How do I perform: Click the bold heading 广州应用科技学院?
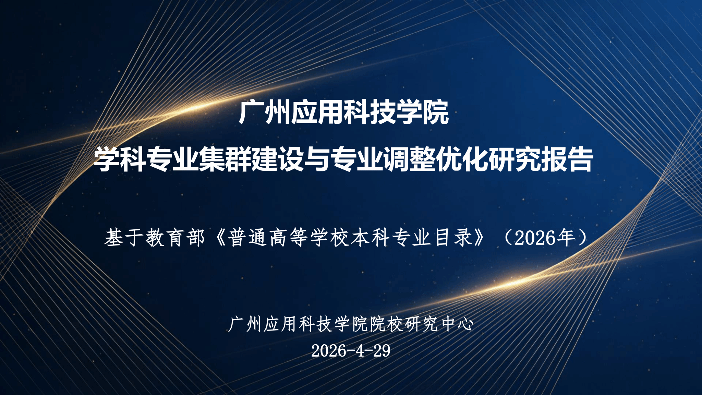[x=344, y=112]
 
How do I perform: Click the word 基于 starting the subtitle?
[x=124, y=237]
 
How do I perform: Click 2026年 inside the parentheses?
[x=545, y=238]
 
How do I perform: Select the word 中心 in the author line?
[x=458, y=324]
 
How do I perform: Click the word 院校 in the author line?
[x=387, y=324]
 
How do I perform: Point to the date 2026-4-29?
[x=351, y=350]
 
